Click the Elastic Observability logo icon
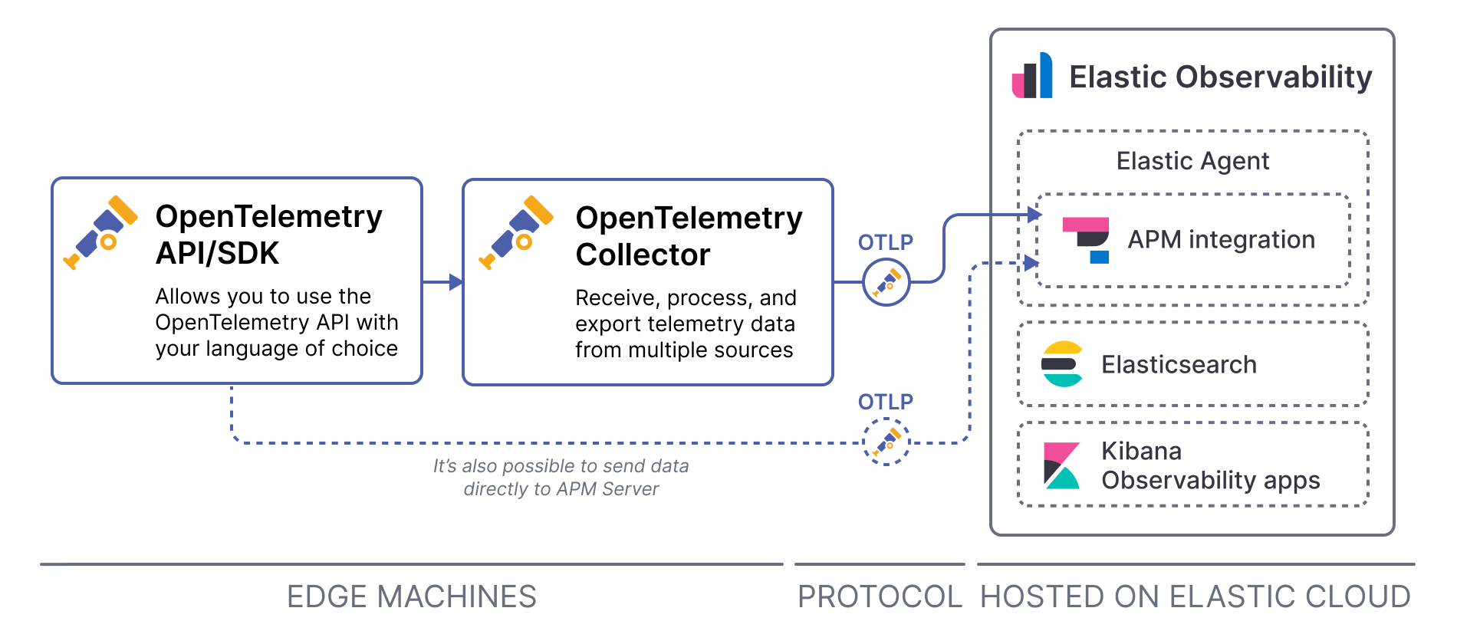(1032, 76)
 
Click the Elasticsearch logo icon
(1062, 364)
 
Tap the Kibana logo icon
(1061, 465)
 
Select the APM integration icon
(1087, 240)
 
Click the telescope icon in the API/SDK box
(100, 232)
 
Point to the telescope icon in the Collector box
(516, 232)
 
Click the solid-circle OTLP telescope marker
(886, 282)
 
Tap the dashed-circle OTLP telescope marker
(886, 442)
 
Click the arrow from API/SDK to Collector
(442, 282)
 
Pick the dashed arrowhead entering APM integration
(1031, 263)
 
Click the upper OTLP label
(886, 242)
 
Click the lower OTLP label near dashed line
(886, 402)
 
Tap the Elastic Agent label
(1192, 161)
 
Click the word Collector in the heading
(643, 255)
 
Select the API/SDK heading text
(217, 253)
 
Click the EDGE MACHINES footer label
(412, 596)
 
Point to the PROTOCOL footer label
(880, 596)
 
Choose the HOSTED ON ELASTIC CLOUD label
(1196, 596)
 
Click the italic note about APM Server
(561, 477)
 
